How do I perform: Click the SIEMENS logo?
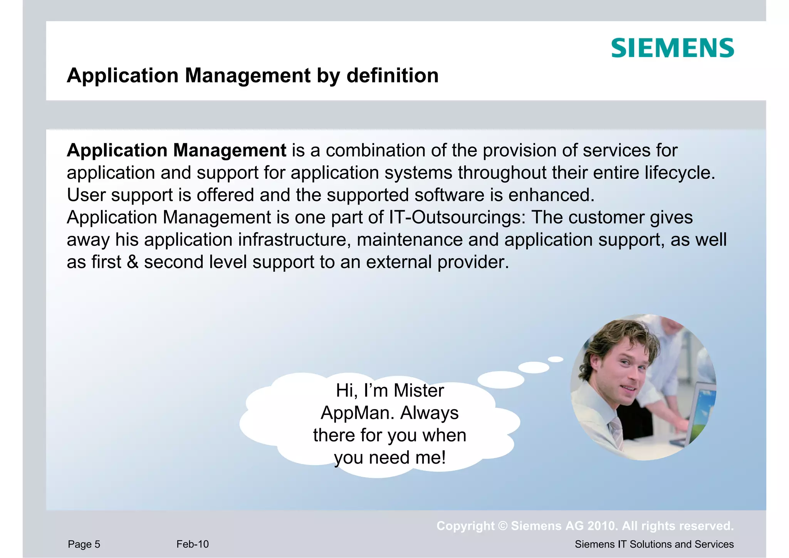672,48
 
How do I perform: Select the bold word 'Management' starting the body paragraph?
230,151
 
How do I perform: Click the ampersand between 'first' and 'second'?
132,262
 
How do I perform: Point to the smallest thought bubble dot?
556,359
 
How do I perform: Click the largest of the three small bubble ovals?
501,380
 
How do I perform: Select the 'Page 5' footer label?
84,544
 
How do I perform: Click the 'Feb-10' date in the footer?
192,544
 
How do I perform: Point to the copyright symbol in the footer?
503,526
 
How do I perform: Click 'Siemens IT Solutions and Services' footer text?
654,544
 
